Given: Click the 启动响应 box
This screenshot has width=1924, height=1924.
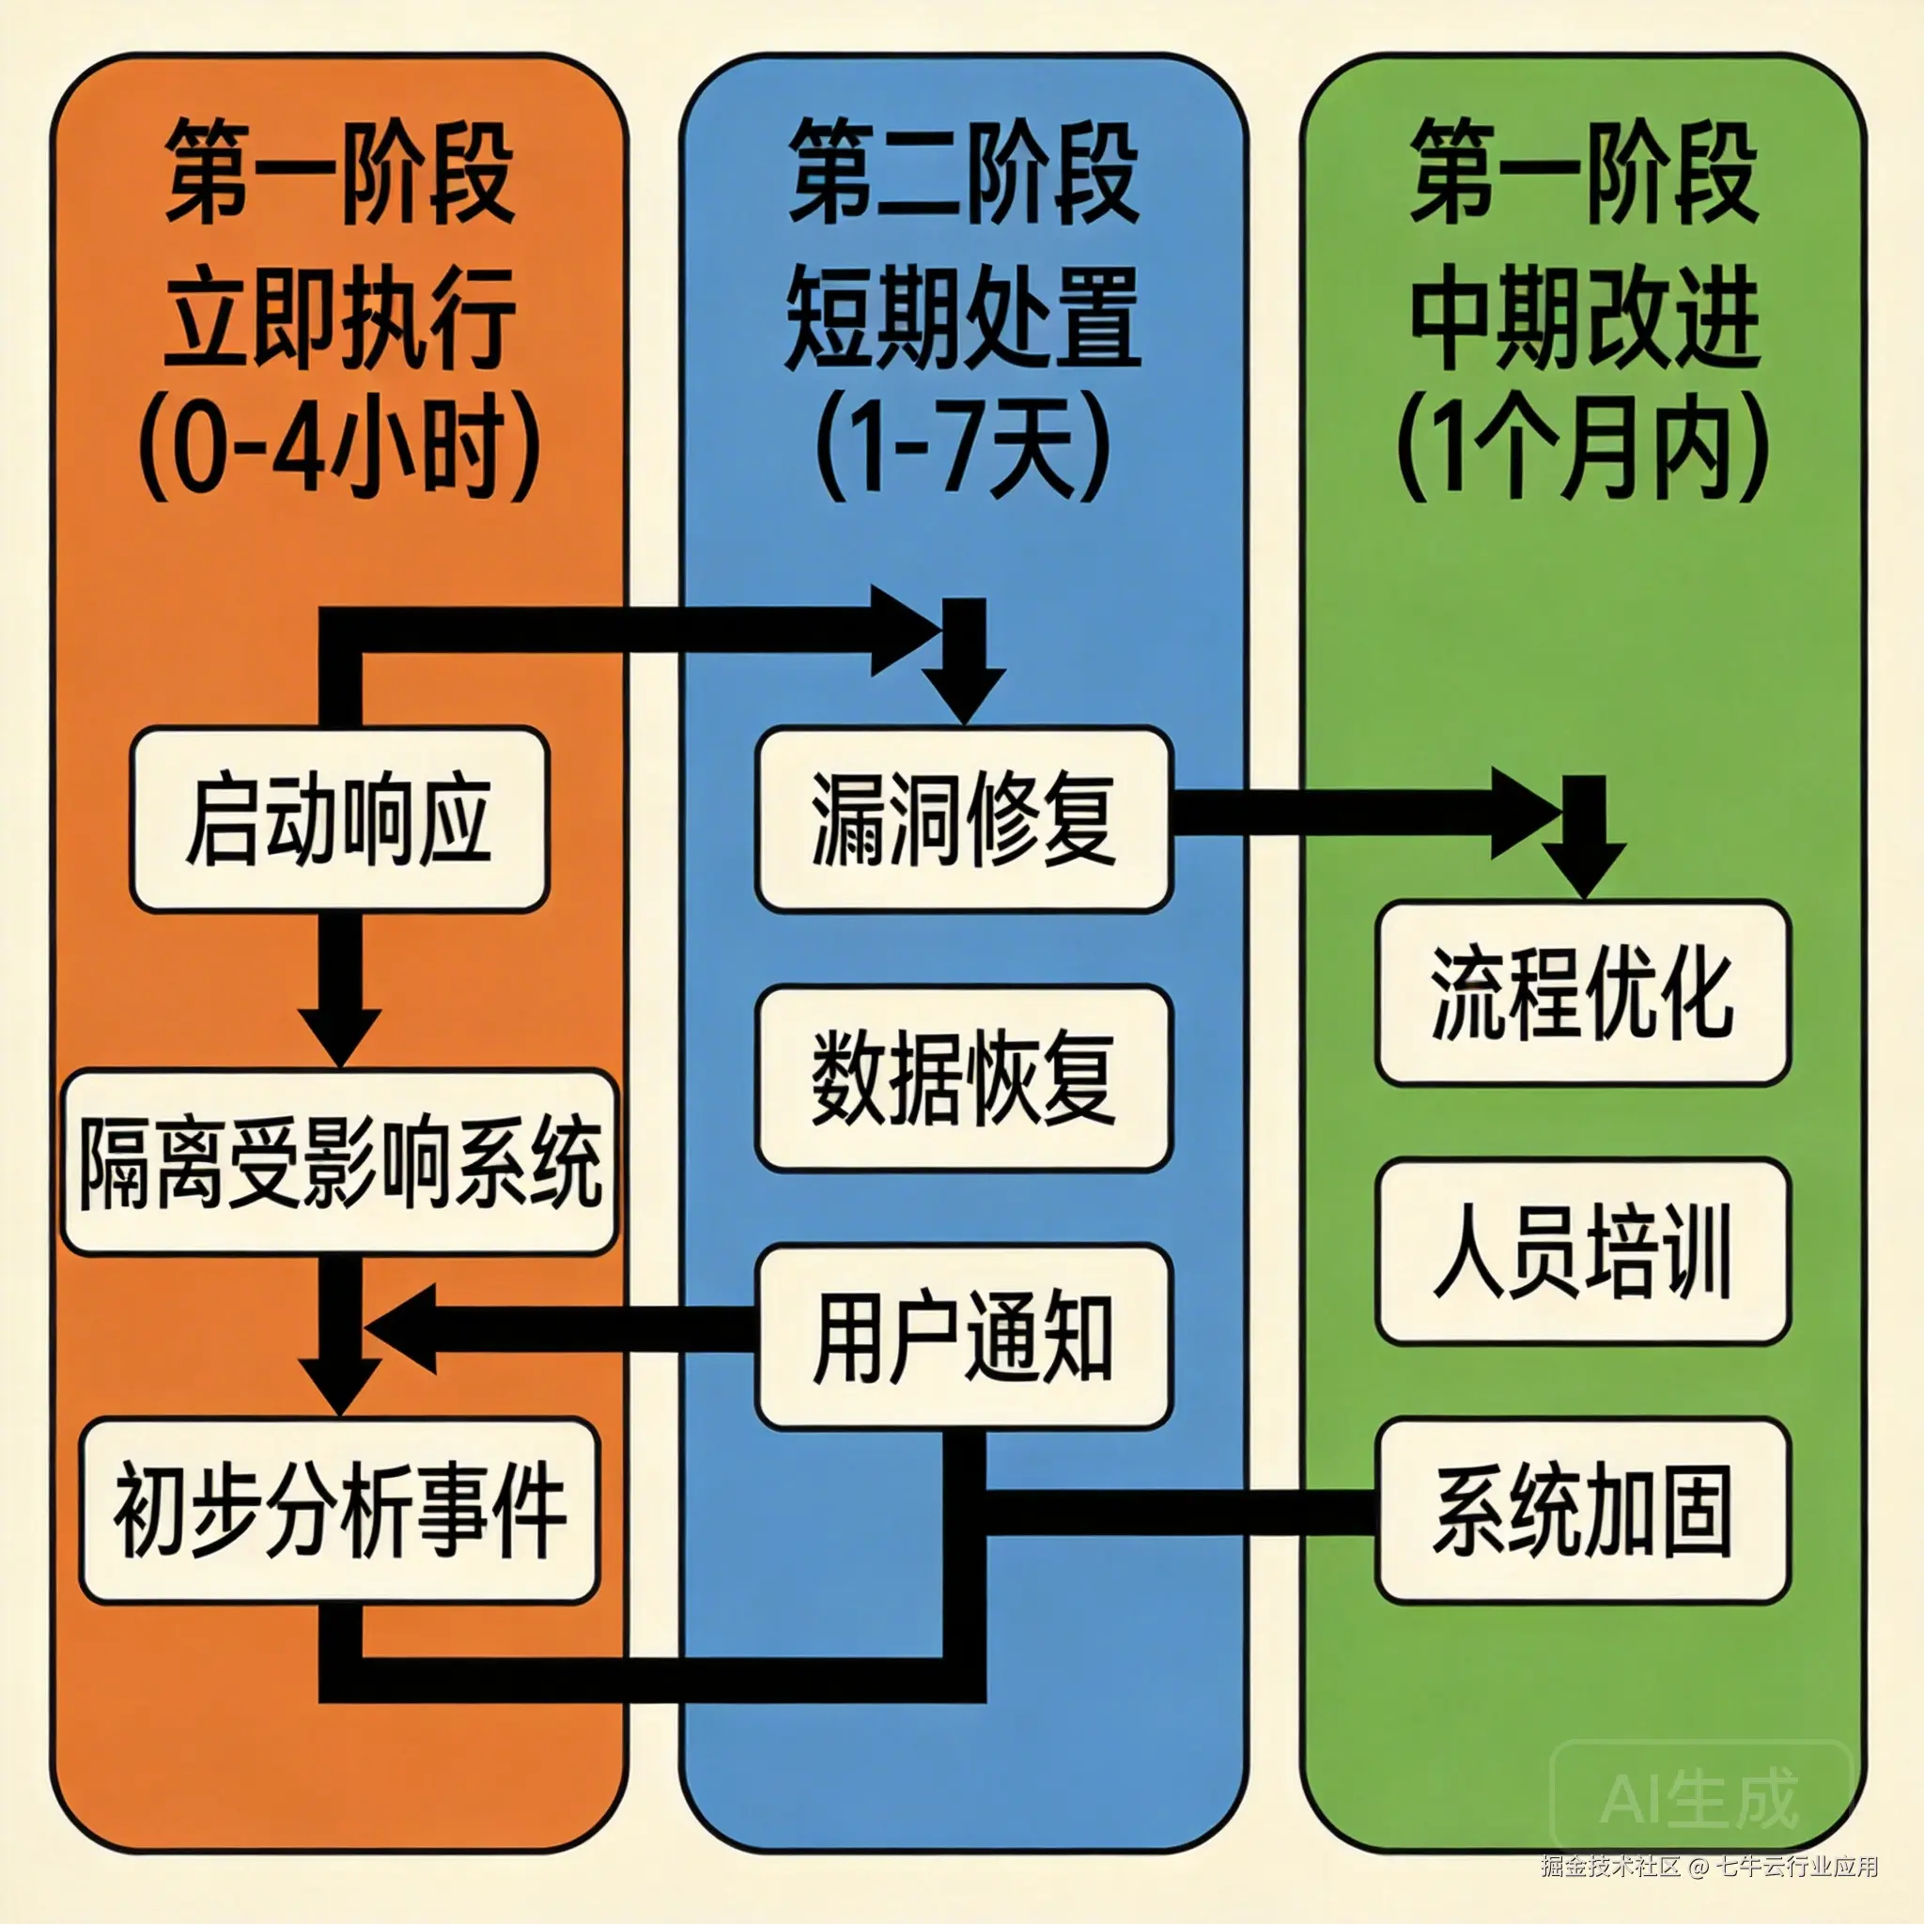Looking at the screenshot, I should [339, 819].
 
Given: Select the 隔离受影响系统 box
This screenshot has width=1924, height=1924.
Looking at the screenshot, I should [339, 1161].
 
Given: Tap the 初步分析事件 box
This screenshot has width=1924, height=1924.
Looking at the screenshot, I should [339, 1511].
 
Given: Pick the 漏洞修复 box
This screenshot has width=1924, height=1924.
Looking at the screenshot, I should [963, 819].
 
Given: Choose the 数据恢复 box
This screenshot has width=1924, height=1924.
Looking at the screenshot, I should [963, 1078].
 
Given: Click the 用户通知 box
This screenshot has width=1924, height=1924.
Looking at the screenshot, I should [963, 1337].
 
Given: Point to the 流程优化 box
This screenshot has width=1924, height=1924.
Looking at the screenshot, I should [1583, 993].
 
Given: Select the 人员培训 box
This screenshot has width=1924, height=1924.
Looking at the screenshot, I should [1583, 1250].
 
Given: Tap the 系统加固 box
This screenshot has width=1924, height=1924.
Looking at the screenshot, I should [1583, 1511].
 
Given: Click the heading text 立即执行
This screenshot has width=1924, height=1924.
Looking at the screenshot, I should [339, 318].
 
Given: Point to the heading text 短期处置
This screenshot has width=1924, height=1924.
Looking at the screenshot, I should [963, 318].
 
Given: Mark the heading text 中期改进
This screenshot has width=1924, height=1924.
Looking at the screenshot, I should [1583, 318].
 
